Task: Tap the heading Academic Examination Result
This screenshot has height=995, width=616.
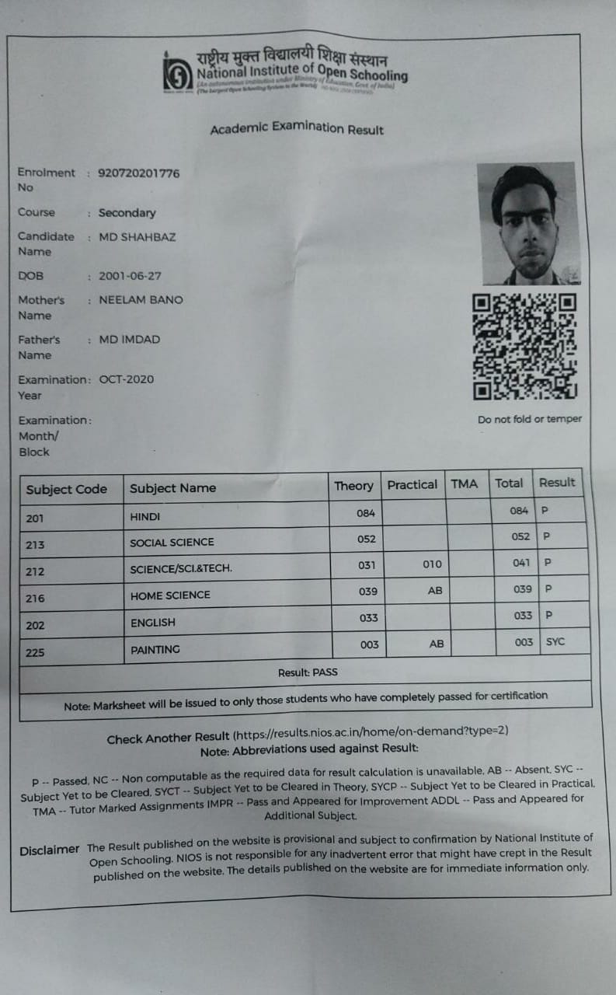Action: coord(297,128)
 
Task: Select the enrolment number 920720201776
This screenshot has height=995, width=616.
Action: coord(139,173)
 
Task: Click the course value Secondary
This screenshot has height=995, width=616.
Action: coord(127,213)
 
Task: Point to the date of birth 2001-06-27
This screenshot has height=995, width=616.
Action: coord(131,276)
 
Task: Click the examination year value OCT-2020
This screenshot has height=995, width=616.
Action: coord(127,379)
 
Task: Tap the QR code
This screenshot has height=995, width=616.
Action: coord(525,345)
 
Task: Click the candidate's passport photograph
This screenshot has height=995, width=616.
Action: coord(528,223)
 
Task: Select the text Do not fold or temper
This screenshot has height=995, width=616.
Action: coord(529,419)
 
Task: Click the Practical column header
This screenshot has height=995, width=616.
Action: coord(412,484)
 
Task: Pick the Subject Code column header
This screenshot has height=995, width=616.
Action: coord(66,489)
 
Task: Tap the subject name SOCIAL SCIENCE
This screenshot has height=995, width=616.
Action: coord(172,542)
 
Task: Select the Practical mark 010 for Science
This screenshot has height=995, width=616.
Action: coord(432,564)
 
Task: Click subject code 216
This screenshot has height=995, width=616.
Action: coord(35,599)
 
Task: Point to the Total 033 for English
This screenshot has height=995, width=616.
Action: coord(523,615)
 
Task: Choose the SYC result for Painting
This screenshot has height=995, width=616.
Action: coord(555,641)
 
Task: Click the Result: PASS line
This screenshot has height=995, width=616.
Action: coord(308,672)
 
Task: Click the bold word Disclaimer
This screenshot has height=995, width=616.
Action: coord(50,850)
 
